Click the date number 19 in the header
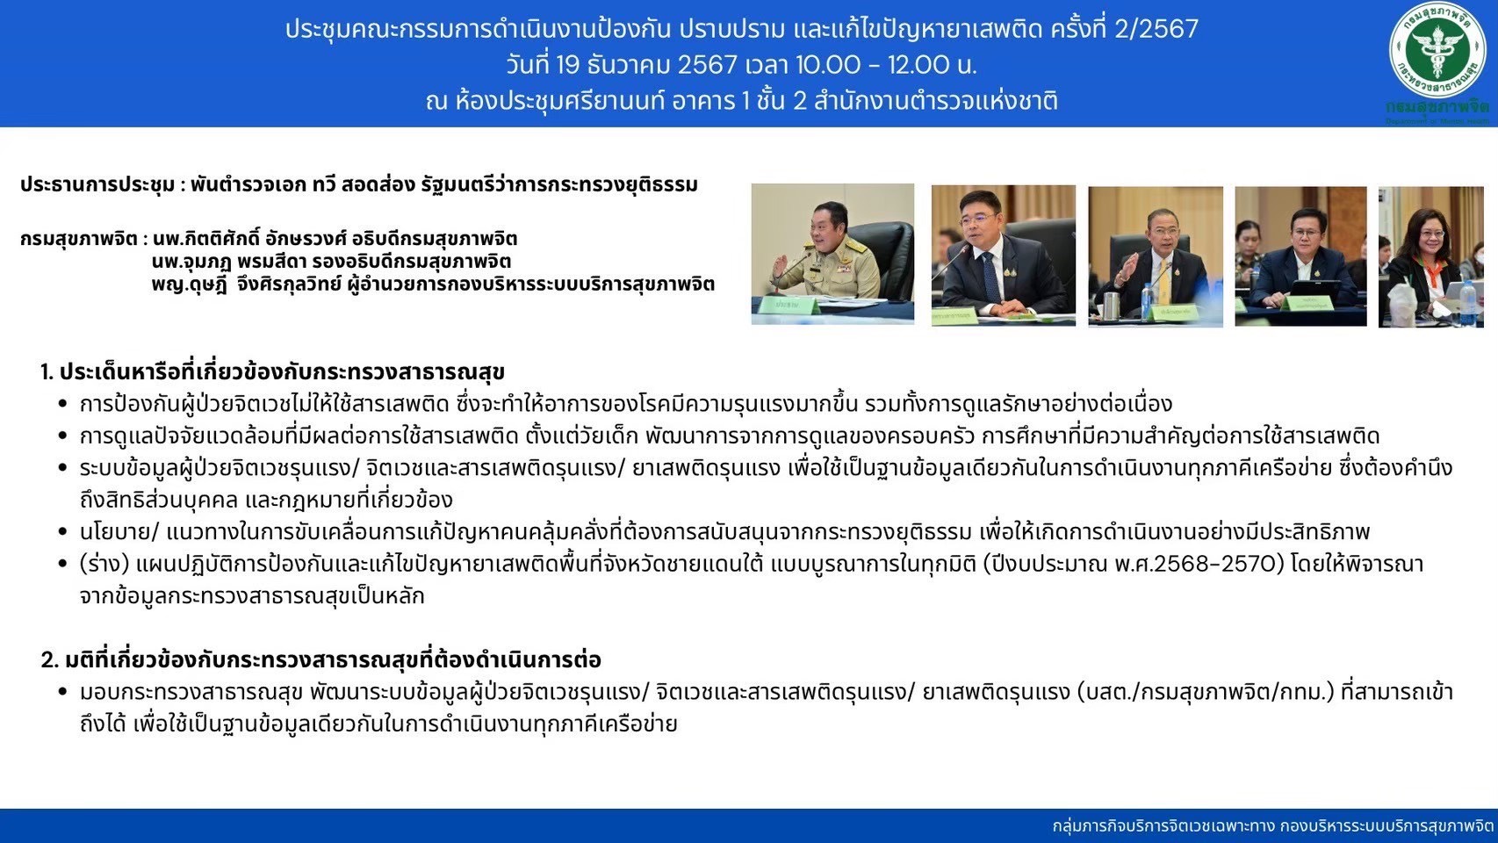point(566,65)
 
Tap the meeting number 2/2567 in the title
point(1156,30)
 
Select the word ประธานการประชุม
point(97,184)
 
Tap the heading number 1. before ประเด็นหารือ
point(47,372)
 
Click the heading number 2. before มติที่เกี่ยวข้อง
point(49,660)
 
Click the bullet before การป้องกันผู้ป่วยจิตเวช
point(63,404)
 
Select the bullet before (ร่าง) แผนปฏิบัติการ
point(63,564)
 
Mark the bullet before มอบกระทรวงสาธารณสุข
point(63,692)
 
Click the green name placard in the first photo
point(796,305)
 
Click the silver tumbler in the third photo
point(1112,305)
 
